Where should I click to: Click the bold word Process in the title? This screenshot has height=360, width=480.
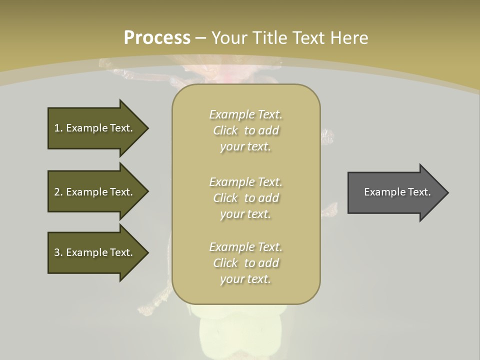coord(157,38)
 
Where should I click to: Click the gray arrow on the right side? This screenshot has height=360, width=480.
coord(395,192)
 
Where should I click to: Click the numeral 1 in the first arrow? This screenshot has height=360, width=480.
coord(57,128)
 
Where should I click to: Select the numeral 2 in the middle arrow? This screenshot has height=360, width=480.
coord(57,192)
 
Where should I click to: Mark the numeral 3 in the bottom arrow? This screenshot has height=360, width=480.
coord(57,252)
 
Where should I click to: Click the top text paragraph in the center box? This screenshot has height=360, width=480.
coord(245,130)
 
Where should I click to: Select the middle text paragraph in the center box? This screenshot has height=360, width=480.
coord(245,198)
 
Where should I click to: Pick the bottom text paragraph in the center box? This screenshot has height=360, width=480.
coord(245,263)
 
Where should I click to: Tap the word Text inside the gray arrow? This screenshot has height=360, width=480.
coord(419,192)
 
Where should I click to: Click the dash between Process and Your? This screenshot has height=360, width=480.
coord(200,38)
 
